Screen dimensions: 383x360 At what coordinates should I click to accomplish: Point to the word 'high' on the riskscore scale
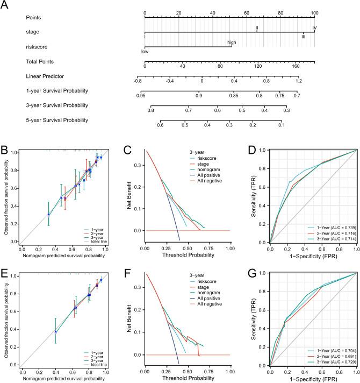[232, 42]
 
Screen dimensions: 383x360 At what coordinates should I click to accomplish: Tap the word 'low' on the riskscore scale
[145, 52]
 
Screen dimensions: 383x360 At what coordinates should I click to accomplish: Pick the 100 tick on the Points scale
[315, 12]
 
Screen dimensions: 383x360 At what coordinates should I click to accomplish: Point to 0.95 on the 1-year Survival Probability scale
[141, 95]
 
